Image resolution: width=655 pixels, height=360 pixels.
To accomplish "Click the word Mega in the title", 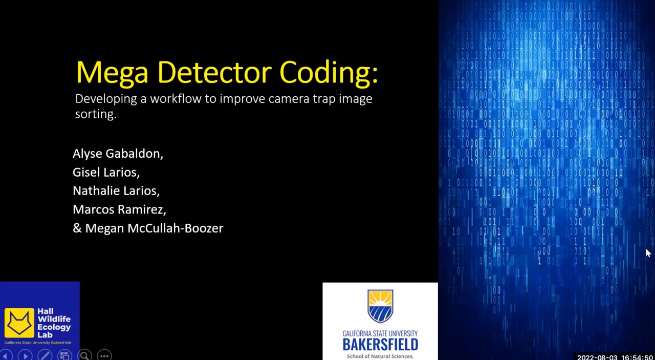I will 112,73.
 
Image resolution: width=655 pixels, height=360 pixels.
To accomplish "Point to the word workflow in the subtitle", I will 176,98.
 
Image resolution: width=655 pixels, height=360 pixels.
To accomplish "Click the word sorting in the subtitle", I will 95,114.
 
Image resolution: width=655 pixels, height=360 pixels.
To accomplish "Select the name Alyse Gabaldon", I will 118,154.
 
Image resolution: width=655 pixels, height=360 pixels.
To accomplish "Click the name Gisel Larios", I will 106,172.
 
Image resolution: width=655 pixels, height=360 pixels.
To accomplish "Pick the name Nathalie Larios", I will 116,190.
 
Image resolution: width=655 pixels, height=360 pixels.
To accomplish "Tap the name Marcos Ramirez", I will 119,209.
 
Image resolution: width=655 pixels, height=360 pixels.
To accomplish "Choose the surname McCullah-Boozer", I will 175,228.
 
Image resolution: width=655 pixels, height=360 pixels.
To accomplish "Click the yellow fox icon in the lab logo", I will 19,323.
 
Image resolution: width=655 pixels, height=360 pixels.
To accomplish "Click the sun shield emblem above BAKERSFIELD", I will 380,306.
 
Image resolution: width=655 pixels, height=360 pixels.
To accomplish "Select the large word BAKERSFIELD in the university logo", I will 380,345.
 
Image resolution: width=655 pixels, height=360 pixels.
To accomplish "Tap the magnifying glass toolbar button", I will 84,355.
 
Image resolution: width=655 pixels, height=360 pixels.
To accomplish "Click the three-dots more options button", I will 104,355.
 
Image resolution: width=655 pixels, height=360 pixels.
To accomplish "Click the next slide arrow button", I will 25,355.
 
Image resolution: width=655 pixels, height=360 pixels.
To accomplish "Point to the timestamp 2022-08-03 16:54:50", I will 615,357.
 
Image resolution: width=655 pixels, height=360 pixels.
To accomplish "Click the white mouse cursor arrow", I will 648,253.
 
